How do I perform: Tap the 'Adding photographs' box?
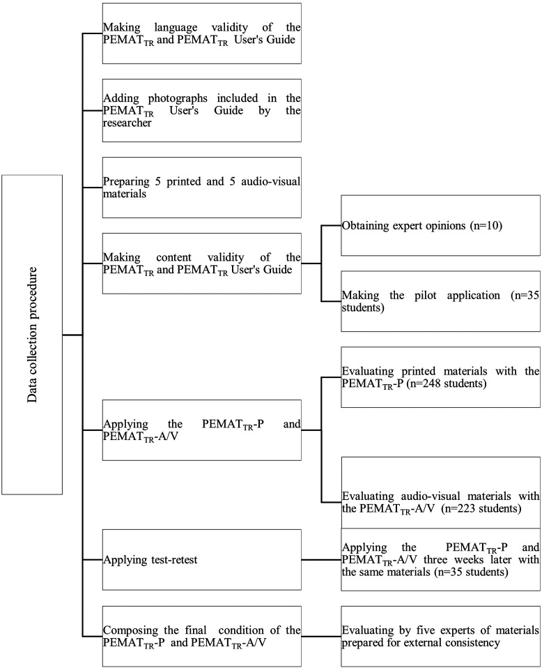[x=201, y=110]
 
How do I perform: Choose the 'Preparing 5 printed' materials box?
[x=201, y=187]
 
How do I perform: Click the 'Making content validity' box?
[x=201, y=263]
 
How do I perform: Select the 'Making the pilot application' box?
[x=440, y=301]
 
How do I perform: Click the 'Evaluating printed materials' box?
[x=440, y=377]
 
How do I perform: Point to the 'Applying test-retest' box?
[x=201, y=559]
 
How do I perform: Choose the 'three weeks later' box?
[x=440, y=559]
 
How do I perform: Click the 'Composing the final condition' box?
[x=201, y=635]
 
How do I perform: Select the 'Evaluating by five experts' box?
[x=440, y=635]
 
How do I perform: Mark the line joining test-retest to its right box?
[x=320, y=559]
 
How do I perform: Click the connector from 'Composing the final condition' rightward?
[x=320, y=635]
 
